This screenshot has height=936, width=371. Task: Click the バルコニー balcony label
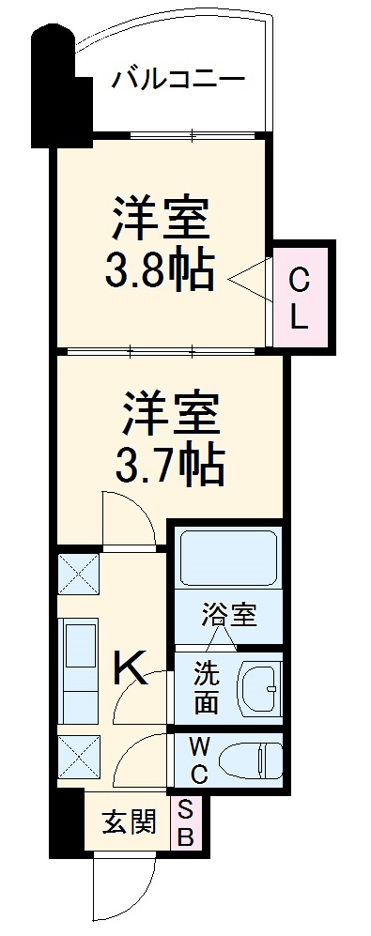pos(178,79)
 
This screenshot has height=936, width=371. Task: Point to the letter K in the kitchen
pos(131,669)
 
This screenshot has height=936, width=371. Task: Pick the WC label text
pos(199,761)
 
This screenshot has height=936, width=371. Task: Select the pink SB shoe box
pos(185,824)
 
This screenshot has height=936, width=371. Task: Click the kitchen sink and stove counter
pos(79,668)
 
